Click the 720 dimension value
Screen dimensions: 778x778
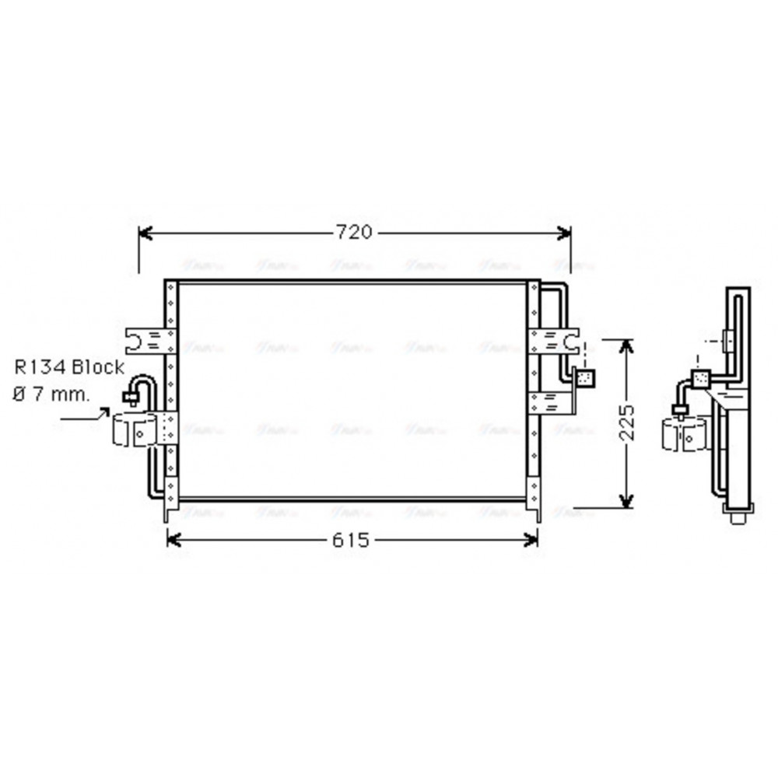pyautogui.click(x=354, y=232)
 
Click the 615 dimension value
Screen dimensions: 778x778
pyautogui.click(x=350, y=539)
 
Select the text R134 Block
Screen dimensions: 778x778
pyautogui.click(x=68, y=367)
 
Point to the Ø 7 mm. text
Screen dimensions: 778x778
pyautogui.click(x=51, y=394)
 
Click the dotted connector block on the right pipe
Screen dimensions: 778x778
pyautogui.click(x=585, y=378)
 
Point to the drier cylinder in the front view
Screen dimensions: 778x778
pyautogui.click(x=136, y=430)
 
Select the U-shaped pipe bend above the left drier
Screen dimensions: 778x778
pyautogui.click(x=142, y=384)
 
